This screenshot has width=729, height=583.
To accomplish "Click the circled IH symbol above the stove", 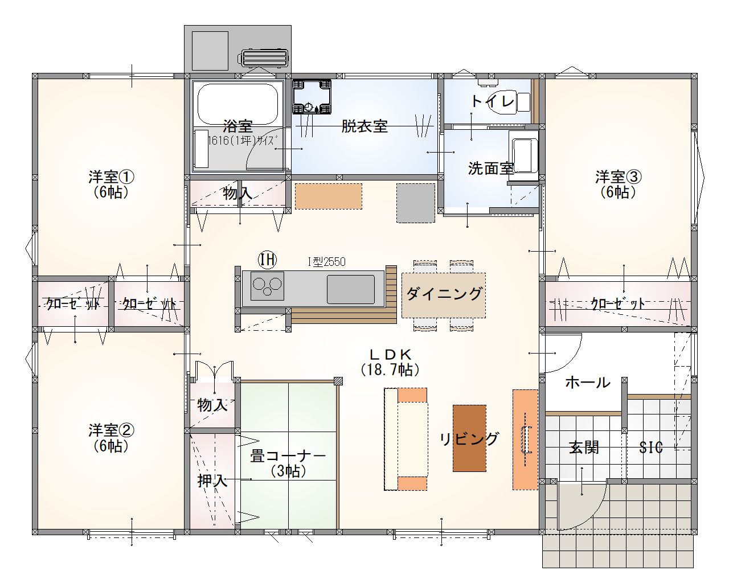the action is click(267, 260).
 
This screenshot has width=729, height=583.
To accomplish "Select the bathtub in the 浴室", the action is click(237, 104).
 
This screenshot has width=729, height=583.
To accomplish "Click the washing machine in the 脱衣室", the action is click(312, 97).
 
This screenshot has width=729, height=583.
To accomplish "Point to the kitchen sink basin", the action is click(351, 289).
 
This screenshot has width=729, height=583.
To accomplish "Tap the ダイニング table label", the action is click(444, 293).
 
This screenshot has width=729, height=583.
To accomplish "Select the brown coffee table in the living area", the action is click(469, 438).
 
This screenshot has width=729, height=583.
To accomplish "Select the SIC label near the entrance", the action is click(651, 448).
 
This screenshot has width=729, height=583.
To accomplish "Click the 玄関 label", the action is click(584, 447).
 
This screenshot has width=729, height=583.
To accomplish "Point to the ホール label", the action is click(588, 383).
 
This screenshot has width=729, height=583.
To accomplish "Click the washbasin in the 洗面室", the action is click(523, 155).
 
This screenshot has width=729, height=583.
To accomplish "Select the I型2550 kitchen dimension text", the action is click(326, 262).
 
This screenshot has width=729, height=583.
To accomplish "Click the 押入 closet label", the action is click(212, 481).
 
